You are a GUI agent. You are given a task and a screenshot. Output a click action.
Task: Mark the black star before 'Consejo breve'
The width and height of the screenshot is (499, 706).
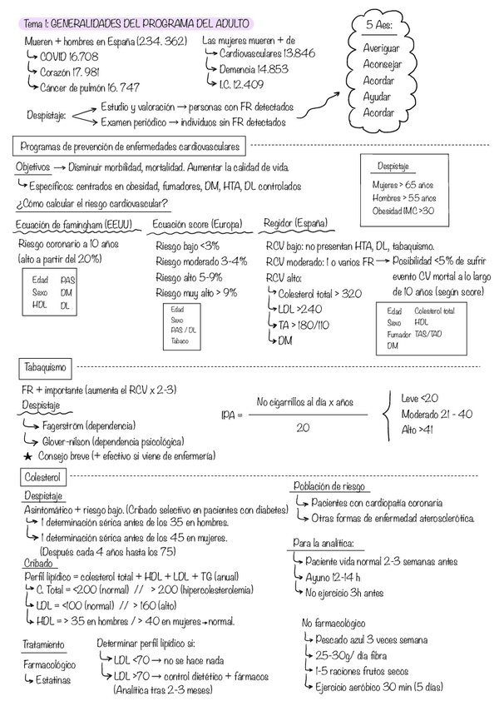click(x=28, y=456)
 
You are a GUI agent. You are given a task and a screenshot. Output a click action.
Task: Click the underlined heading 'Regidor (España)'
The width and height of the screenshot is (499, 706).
click(x=295, y=223)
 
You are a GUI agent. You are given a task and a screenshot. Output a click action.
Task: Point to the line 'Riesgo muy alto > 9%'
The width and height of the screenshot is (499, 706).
click(x=196, y=292)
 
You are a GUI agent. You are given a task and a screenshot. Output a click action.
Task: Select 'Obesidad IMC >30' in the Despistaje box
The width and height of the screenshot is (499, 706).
click(x=403, y=211)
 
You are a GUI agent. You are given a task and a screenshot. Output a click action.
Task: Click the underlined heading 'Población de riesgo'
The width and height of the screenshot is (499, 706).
click(x=329, y=487)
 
